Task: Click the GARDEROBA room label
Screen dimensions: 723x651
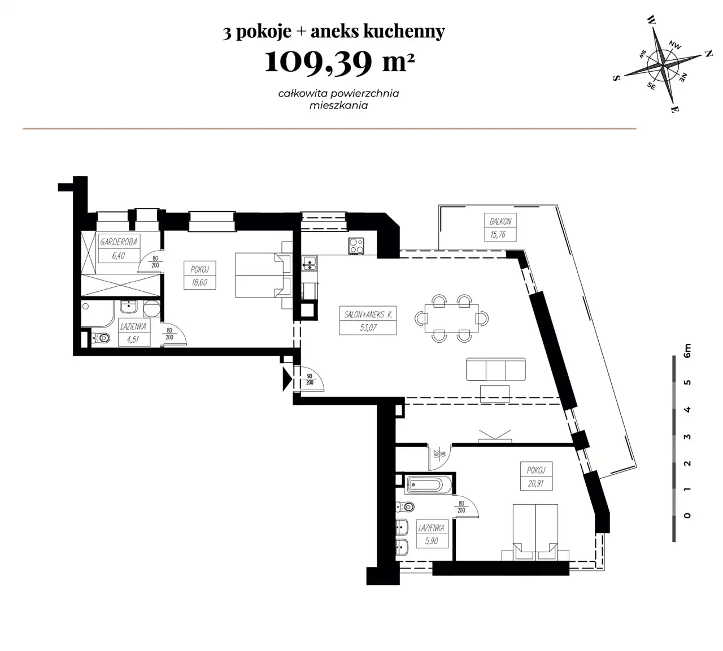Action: coord(119,242)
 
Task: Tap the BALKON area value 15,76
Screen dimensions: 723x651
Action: coord(498,234)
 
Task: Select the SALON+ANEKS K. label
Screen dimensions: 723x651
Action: coord(368,314)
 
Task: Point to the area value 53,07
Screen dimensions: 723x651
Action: coord(368,327)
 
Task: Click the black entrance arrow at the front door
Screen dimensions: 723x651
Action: coord(287,379)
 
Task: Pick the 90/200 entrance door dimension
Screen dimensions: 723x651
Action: coord(310,379)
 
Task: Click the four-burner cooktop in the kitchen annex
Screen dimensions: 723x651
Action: coord(356,246)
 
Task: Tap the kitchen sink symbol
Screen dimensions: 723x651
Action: coord(310,263)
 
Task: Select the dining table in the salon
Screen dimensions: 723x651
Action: coord(452,318)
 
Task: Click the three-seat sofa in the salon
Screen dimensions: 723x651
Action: coord(495,369)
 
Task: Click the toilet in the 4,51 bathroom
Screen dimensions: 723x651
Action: coord(101,338)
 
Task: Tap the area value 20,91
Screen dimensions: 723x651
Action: coord(536,483)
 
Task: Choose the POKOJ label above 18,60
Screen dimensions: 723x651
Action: coord(199,269)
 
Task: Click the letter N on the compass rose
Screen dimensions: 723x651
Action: coord(708,54)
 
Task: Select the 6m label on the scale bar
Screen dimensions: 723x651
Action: coord(687,351)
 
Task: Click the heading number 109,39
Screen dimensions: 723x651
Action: coord(318,63)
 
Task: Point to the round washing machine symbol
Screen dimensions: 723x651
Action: coord(152,309)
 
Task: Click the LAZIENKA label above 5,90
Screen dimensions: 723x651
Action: coord(431,528)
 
